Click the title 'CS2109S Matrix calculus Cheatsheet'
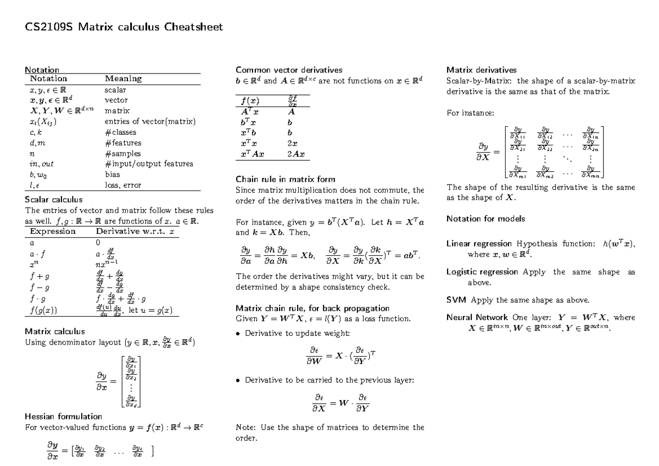coord(124,27)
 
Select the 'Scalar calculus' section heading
coord(54,199)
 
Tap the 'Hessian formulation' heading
coord(64,416)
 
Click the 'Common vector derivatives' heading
coord(288,70)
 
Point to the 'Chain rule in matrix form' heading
coord(285,179)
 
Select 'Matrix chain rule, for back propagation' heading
coord(312,308)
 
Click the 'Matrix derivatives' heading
coord(481,70)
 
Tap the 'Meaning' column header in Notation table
coord(123,78)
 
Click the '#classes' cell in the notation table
coord(120,132)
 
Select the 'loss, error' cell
coord(122,185)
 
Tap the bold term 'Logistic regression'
coord(482,272)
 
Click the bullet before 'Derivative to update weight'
coord(238,333)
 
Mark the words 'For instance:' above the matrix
coord(470,113)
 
